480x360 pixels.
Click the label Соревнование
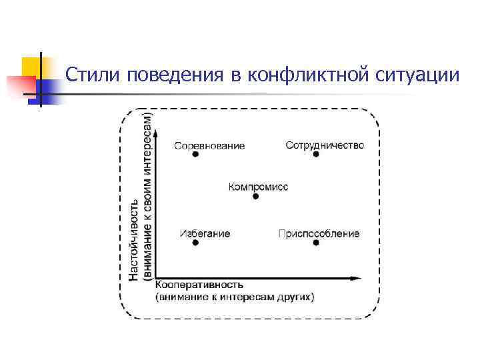point(209,145)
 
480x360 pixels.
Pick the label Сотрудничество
point(325,145)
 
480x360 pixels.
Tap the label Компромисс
point(258,187)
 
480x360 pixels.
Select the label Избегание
point(205,233)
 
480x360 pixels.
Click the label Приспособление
point(319,233)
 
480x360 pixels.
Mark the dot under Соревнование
point(195,154)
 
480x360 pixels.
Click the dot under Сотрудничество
point(316,154)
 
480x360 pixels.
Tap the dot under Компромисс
point(255,197)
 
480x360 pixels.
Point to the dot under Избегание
point(195,243)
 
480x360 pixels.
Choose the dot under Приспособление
point(316,243)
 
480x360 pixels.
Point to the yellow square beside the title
point(31,67)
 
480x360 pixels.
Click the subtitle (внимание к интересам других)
point(234,295)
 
